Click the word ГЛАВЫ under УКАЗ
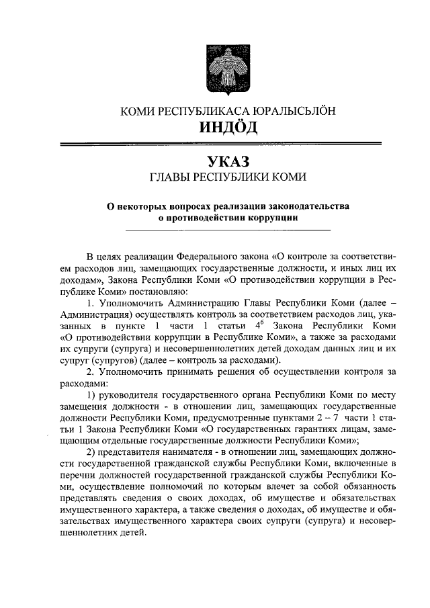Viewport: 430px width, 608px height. pos(169,177)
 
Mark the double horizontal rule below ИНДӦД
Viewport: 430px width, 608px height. pos(222,143)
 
